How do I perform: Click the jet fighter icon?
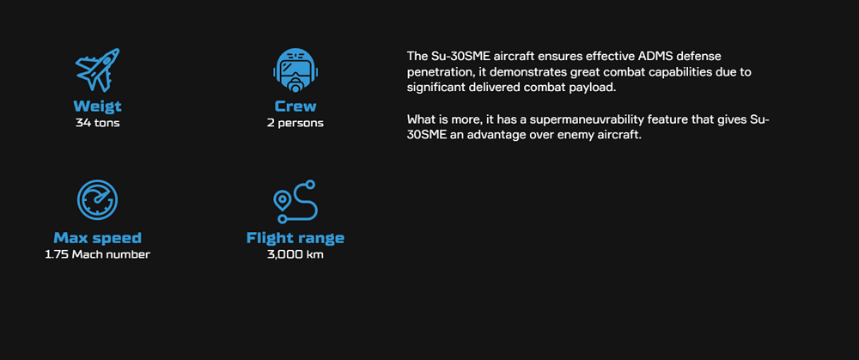pos(97,70)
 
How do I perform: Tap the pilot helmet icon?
pos(295,70)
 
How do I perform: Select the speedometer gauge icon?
pos(98,198)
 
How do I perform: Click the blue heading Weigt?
pos(98,107)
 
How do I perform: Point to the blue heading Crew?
pos(295,107)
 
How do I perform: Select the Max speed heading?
pos(98,238)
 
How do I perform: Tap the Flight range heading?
pos(295,238)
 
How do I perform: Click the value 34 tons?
pos(98,123)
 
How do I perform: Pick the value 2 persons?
pos(295,123)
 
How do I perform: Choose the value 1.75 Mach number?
pos(98,254)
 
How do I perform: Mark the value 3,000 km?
pos(295,255)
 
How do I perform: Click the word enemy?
pos(571,136)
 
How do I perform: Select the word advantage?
pos(497,136)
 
